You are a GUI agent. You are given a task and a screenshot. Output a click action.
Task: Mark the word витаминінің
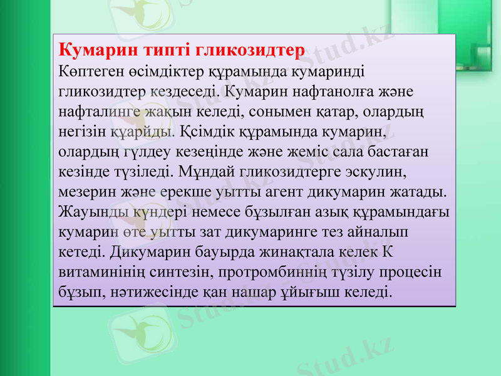coord(101,273)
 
